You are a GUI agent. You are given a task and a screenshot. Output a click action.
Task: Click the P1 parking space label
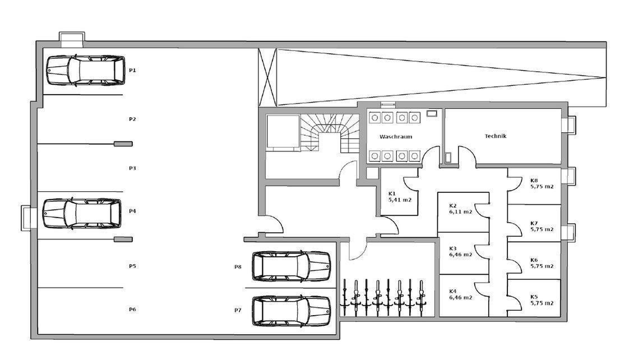pyautogui.click(x=132, y=70)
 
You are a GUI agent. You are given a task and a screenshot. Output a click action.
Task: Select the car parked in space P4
pyautogui.click(x=82, y=214)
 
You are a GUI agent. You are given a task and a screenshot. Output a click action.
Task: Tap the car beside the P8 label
pyautogui.click(x=292, y=266)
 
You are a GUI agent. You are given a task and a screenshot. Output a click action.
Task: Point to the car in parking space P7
pyautogui.click(x=292, y=311)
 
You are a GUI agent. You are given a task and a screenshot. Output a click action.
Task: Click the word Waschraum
pyautogui.click(x=396, y=136)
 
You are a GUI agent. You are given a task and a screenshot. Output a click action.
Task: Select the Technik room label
pyautogui.click(x=496, y=136)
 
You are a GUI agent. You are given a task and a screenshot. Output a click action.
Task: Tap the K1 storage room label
pyautogui.click(x=392, y=193)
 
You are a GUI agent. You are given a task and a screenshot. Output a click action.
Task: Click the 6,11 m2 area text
pyautogui.click(x=461, y=211)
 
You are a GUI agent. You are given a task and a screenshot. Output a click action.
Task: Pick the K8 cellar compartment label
pyautogui.click(x=534, y=181)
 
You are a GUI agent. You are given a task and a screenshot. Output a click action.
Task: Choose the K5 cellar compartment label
pyautogui.click(x=534, y=297)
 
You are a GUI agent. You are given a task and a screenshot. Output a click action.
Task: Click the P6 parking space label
pyautogui.click(x=132, y=310)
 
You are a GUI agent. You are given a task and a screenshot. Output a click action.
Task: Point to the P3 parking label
pyautogui.click(x=132, y=168)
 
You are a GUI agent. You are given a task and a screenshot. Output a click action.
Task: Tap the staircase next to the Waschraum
pyautogui.click(x=330, y=133)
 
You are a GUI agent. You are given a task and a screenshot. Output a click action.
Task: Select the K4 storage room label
pyautogui.click(x=453, y=291)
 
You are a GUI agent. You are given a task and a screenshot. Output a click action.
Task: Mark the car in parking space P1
pyautogui.click(x=86, y=71)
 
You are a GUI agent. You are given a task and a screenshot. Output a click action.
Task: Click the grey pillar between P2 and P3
pyautogui.click(x=123, y=144)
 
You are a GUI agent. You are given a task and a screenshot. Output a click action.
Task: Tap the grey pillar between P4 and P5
pyautogui.click(x=123, y=239)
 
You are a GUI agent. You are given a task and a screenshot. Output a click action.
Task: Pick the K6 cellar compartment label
pyautogui.click(x=534, y=260)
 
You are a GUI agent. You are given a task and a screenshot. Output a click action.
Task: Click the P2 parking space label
pyautogui.click(x=132, y=119)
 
